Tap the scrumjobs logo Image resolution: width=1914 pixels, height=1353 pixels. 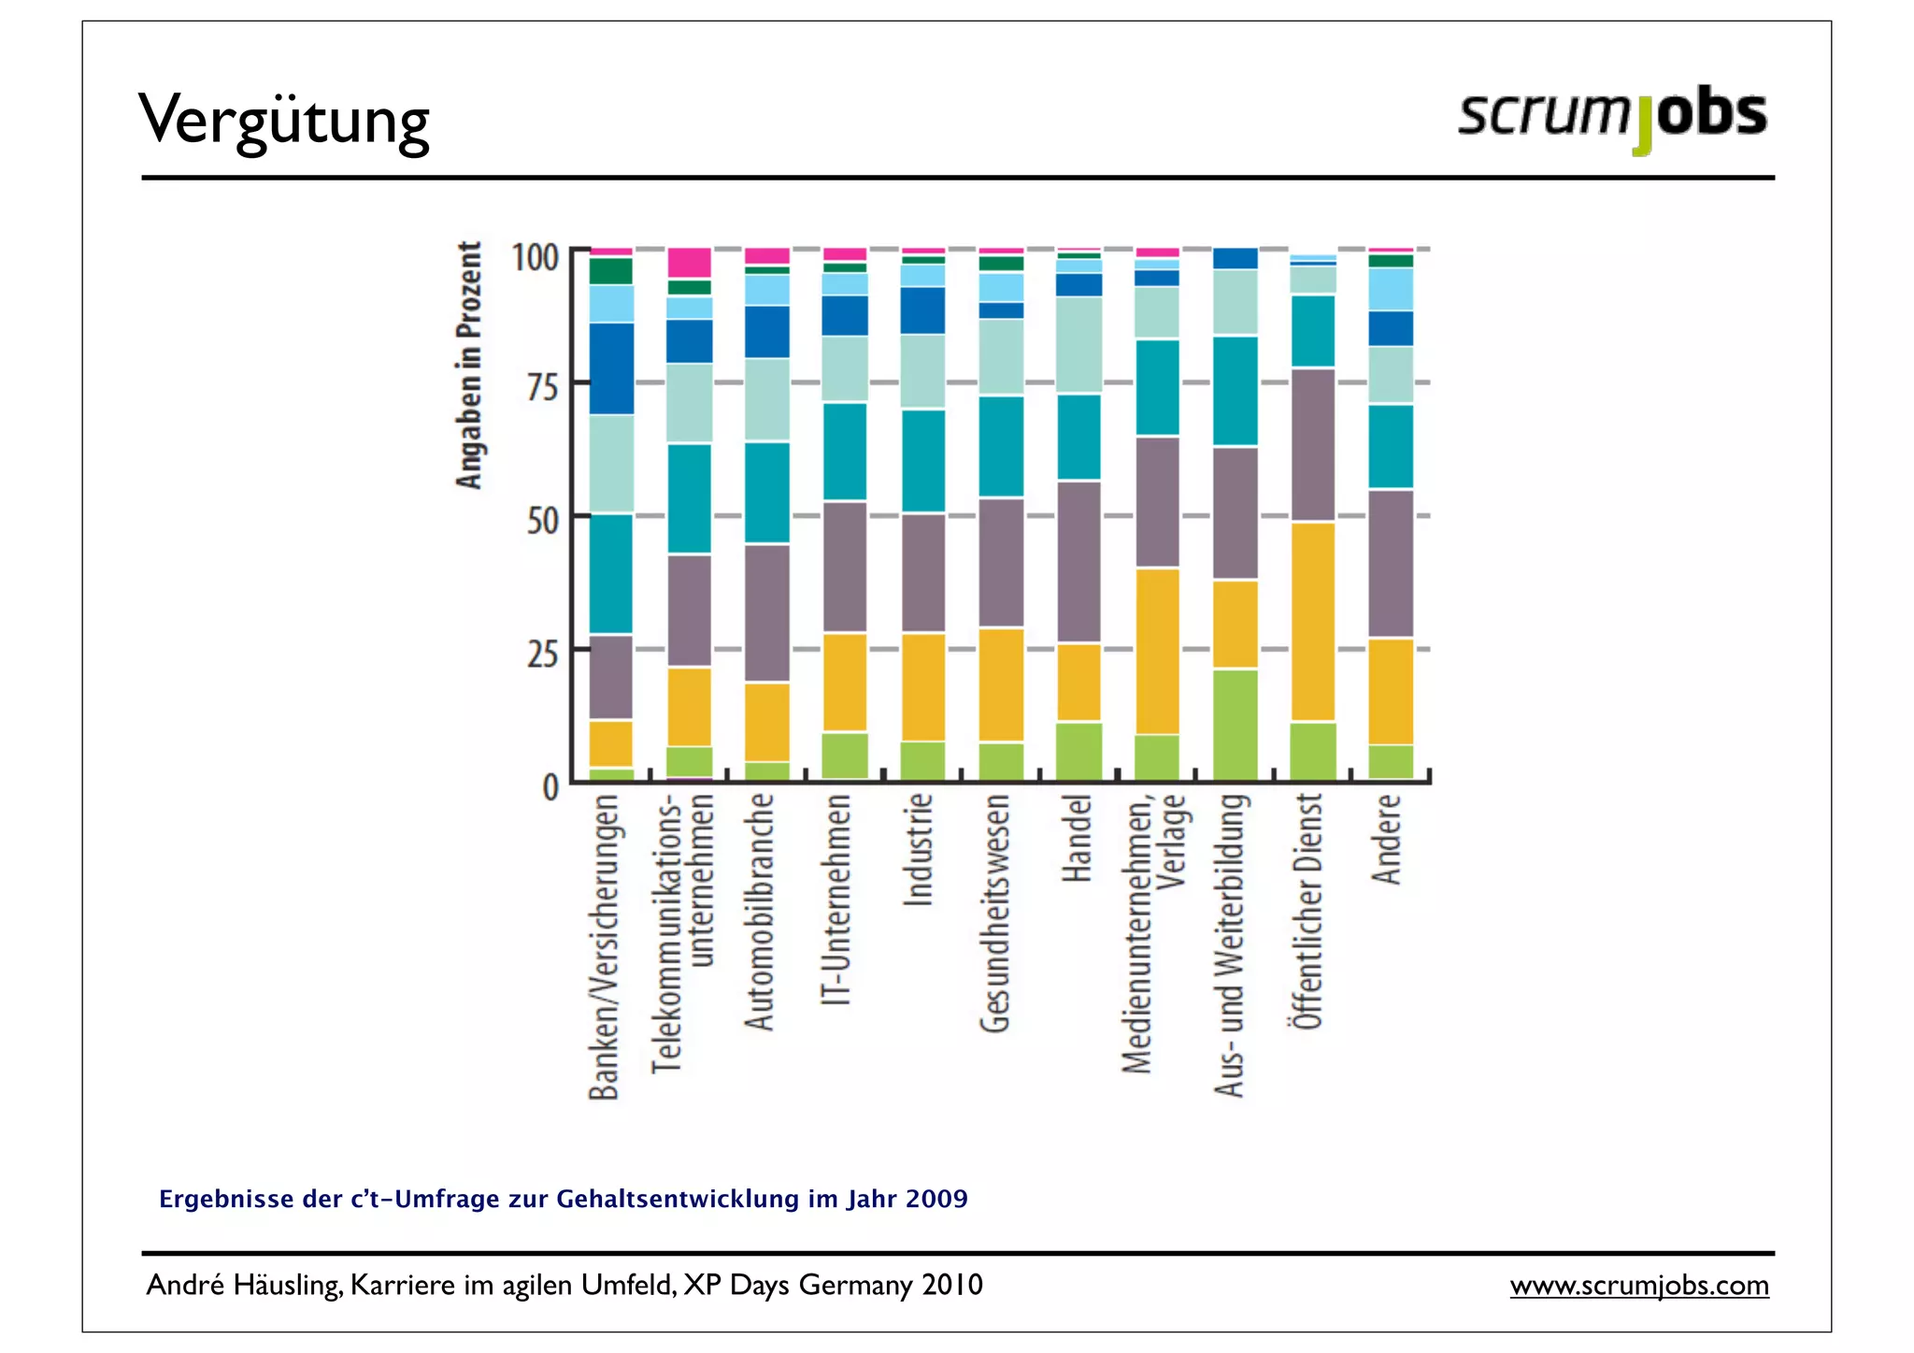coord(1611,117)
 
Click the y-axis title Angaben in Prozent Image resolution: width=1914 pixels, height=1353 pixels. coord(469,365)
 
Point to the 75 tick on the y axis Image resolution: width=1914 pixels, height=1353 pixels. coord(541,385)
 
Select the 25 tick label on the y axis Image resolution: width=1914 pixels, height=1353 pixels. coord(541,653)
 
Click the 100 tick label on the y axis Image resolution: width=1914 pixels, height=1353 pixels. coord(535,257)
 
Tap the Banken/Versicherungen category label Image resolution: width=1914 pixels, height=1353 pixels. coord(605,946)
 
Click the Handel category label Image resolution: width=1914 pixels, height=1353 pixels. coord(1077,838)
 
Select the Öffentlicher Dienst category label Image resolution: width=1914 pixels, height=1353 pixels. coord(1308,912)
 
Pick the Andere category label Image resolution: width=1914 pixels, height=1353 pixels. coord(1388,839)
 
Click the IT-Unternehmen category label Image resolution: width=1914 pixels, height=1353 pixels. coord(838,900)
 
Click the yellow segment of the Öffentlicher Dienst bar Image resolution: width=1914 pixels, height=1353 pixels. coord(1312,621)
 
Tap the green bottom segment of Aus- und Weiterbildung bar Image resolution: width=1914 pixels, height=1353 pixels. coord(1235,724)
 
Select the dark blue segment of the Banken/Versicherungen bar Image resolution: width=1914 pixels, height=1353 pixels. coord(611,367)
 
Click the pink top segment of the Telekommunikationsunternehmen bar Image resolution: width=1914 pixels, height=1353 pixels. coord(690,262)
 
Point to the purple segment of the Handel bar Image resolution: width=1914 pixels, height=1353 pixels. coord(1078,561)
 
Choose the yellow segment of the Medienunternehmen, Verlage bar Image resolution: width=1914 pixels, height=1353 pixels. coord(1157,651)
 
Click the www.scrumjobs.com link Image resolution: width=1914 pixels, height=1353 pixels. coord(1638,1285)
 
